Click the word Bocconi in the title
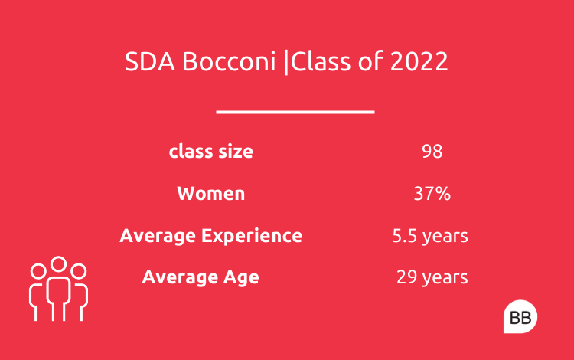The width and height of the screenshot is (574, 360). click(229, 61)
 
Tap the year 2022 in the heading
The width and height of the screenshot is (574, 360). click(419, 61)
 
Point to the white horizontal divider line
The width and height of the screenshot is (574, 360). click(295, 112)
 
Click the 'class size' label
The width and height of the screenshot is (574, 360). click(211, 151)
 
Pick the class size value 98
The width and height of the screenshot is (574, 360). click(432, 151)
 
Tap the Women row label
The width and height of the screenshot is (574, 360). click(211, 193)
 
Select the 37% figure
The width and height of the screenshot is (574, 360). click(432, 193)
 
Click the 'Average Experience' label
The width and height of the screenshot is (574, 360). click(211, 235)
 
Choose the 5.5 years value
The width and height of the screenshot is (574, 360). click(430, 236)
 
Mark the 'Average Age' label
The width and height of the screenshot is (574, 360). click(201, 277)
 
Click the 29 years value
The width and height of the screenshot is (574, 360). click(432, 277)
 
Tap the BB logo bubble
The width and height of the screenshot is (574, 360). click(520, 317)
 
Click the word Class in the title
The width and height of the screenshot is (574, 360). click(321, 61)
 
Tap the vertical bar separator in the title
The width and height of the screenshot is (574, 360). click(286, 62)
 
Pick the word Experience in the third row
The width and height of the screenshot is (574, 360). click(252, 236)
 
